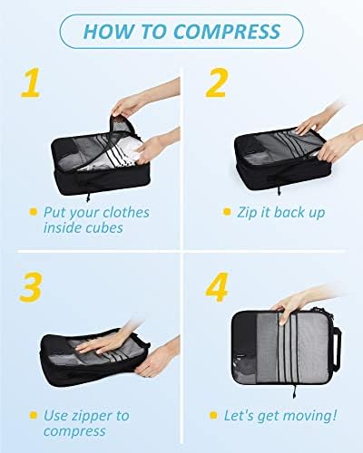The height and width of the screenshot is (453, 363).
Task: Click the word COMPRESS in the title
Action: click(228, 32)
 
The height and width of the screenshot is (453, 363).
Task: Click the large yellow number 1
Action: click(33, 82)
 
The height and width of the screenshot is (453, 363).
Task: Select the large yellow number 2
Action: click(215, 82)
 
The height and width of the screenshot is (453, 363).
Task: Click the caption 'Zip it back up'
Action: click(279, 212)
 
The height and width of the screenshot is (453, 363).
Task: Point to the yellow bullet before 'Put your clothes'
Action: click(33, 213)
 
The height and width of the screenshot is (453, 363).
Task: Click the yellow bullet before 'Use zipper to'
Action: click(33, 416)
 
